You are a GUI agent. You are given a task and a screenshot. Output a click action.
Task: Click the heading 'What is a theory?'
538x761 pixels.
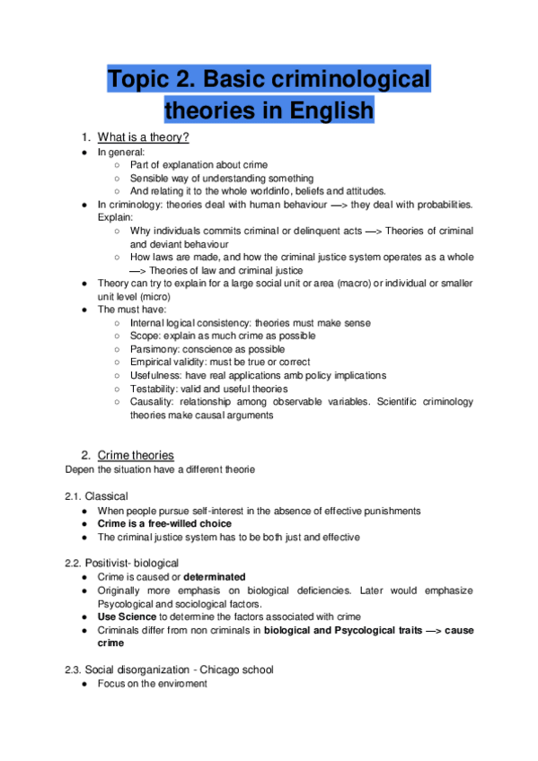pyautogui.click(x=143, y=137)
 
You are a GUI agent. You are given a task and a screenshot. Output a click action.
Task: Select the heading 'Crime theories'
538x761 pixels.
pyautogui.click(x=136, y=455)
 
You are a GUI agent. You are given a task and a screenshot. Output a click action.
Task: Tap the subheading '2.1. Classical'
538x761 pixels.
pyautogui.click(x=96, y=495)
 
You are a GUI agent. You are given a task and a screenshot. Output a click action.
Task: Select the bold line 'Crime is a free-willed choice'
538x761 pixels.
pyautogui.click(x=164, y=523)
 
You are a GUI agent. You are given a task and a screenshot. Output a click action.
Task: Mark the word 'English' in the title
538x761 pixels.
pyautogui.click(x=327, y=112)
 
